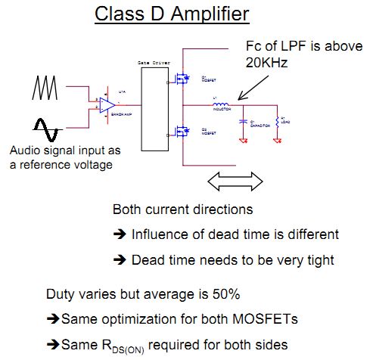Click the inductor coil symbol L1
(220, 105)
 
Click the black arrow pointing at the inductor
(247, 90)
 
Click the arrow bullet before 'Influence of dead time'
(120, 234)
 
